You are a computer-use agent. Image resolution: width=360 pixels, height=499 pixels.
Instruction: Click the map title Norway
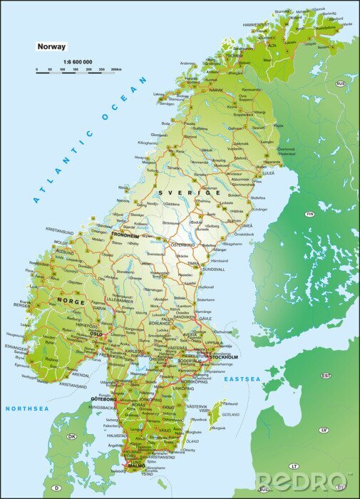pyautogui.click(x=52, y=46)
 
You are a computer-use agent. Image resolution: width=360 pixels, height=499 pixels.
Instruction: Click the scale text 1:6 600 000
pyautogui.click(x=77, y=62)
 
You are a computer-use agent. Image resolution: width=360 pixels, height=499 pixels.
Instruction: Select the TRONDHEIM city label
pyautogui.click(x=125, y=234)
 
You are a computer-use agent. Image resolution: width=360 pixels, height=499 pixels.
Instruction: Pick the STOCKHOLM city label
pyautogui.click(x=223, y=356)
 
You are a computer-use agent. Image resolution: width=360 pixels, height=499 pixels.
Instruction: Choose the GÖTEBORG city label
pyautogui.click(x=103, y=399)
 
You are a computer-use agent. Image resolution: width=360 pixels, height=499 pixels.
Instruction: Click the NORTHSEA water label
pyautogui.click(x=26, y=408)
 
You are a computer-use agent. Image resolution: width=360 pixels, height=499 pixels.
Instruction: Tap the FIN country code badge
pyautogui.click(x=309, y=214)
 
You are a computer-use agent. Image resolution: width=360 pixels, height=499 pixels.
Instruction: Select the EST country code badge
pyautogui.click(x=326, y=375)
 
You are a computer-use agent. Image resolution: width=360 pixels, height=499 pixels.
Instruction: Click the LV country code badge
pyautogui.click(x=323, y=430)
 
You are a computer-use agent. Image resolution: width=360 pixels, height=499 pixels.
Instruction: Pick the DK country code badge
pyautogui.click(x=71, y=436)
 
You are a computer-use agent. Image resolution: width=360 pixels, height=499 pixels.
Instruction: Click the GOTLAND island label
pyautogui.click(x=230, y=414)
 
